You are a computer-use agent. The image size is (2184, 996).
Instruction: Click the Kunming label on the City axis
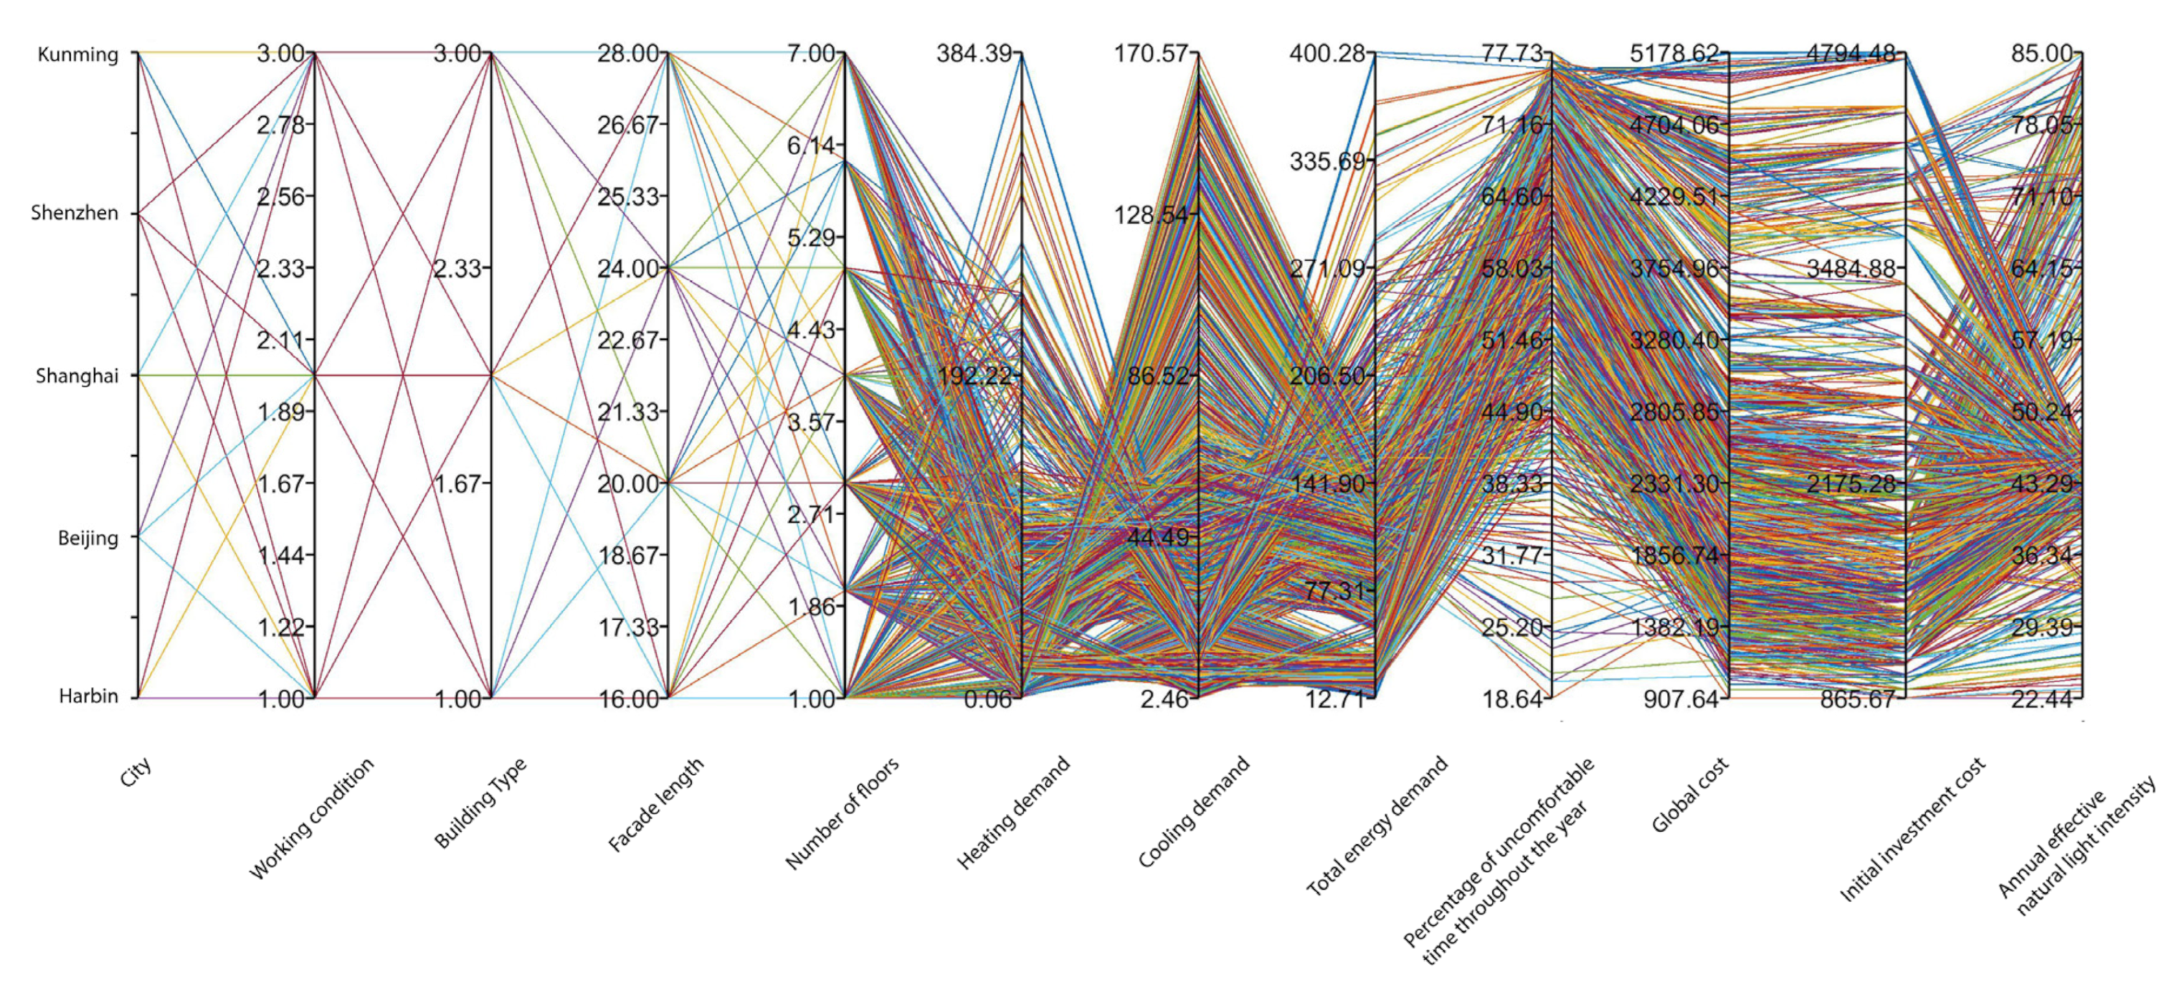pos(78,55)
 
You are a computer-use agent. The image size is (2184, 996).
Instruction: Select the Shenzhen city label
pos(75,213)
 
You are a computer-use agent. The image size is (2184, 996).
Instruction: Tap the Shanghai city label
pos(77,376)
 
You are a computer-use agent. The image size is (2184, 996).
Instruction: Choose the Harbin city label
pos(88,697)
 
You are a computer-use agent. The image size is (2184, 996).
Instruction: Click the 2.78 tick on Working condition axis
pos(280,125)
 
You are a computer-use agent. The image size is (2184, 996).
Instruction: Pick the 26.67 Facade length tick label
pos(628,125)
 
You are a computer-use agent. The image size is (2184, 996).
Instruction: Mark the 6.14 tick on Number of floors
pos(810,146)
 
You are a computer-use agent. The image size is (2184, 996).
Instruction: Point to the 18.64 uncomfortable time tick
pos(1512,698)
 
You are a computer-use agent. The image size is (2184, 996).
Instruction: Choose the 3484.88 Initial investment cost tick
pos(1850,269)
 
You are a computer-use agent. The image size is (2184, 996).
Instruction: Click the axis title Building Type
pos(480,802)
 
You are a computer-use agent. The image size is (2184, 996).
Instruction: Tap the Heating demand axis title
pos(1013,812)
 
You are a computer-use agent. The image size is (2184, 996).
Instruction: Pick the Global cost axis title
pos(1690,795)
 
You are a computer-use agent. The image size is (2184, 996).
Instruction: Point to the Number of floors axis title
pos(842,813)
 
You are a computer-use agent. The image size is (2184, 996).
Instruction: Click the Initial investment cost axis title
pos(1912,829)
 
